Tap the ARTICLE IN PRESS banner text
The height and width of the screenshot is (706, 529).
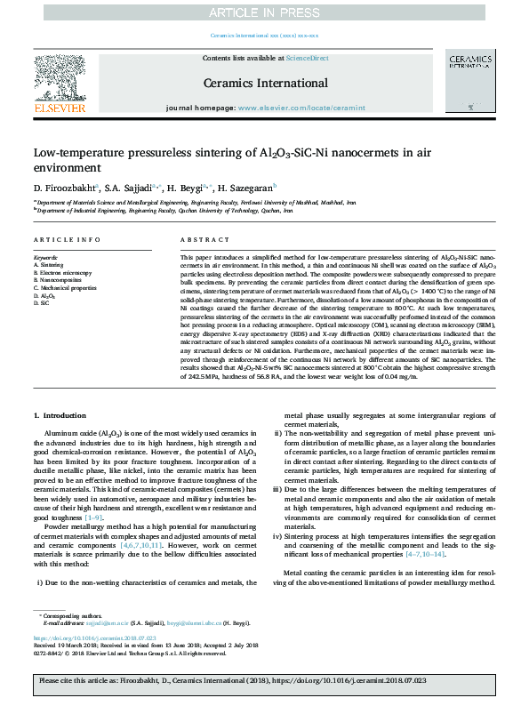[x=264, y=12]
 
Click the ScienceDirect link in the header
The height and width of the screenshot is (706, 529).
[x=308, y=58]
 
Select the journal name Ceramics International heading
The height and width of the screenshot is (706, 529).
[x=265, y=83]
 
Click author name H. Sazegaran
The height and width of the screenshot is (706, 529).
[x=246, y=189]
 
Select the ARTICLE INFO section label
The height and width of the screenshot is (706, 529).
[x=67, y=240]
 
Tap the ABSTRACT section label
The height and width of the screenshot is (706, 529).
[x=200, y=240]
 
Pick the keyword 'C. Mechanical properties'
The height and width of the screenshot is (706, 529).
[x=67, y=287]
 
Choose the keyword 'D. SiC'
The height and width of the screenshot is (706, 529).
[x=42, y=303]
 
